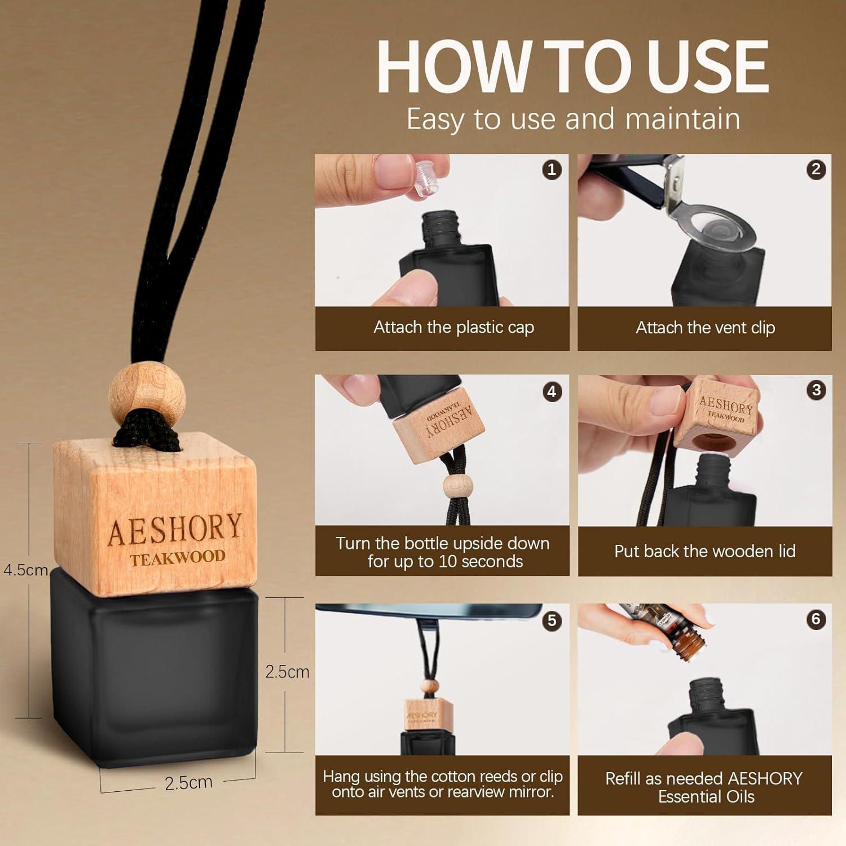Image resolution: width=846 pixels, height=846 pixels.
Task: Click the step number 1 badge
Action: pyautogui.click(x=552, y=169)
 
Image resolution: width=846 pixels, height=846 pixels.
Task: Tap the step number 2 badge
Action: pyautogui.click(x=816, y=169)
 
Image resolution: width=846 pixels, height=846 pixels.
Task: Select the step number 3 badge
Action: pyautogui.click(x=816, y=390)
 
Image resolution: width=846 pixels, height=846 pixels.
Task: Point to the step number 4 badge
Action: pyautogui.click(x=552, y=391)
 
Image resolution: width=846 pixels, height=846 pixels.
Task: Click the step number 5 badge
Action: pyautogui.click(x=552, y=620)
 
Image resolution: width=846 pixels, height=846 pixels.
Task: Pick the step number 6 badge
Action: pyautogui.click(x=816, y=619)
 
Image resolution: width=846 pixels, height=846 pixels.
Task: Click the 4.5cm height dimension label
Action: pyautogui.click(x=25, y=570)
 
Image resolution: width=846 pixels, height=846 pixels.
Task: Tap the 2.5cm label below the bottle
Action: pyautogui.click(x=188, y=783)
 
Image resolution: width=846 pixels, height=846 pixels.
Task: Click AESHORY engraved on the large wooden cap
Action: pyautogui.click(x=175, y=528)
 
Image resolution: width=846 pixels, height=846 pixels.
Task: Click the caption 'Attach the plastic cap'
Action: pyautogui.click(x=453, y=328)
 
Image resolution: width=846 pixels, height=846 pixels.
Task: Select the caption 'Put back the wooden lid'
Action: pyautogui.click(x=704, y=551)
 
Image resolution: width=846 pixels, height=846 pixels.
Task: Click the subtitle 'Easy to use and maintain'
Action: pyautogui.click(x=573, y=119)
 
